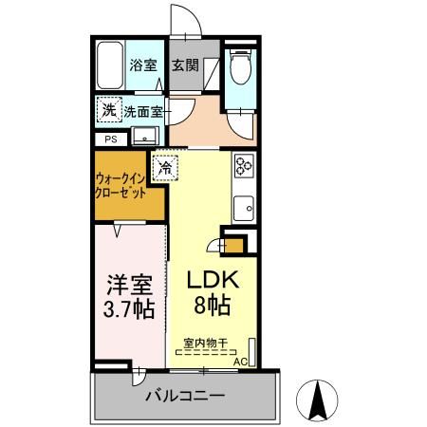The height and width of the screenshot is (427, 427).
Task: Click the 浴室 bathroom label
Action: (x=142, y=66)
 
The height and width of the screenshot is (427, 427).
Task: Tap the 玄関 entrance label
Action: (x=184, y=66)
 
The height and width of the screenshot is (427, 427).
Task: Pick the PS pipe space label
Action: (x=111, y=139)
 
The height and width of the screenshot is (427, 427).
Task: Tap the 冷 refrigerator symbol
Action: (x=165, y=168)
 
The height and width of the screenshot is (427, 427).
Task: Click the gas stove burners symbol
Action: (x=244, y=167)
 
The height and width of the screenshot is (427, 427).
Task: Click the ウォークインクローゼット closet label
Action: (x=120, y=184)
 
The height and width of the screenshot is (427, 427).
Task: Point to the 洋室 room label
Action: (x=127, y=284)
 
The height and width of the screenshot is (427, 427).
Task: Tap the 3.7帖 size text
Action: (x=127, y=310)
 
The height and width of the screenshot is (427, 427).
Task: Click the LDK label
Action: (x=213, y=282)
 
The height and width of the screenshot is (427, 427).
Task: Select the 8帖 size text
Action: (x=213, y=307)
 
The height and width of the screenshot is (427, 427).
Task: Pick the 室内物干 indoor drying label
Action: (x=207, y=342)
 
